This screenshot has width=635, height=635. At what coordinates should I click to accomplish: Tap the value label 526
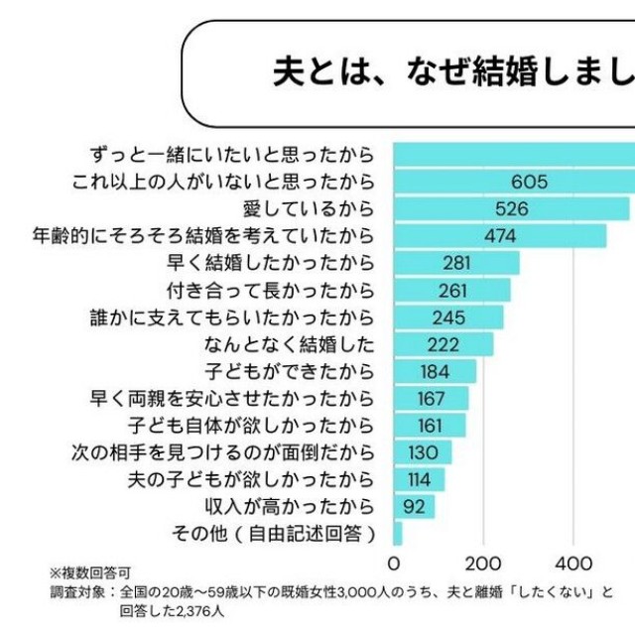coord(512,209)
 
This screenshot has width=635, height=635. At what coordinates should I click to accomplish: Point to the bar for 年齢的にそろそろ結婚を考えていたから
coord(500,236)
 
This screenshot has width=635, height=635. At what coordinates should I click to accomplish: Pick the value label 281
coord(457,263)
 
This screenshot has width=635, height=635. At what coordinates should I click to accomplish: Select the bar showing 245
coord(448,317)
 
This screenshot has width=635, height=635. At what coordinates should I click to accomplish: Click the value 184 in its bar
coord(436,371)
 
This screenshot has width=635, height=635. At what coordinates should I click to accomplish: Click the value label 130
coord(425,452)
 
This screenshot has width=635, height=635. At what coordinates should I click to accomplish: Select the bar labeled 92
coord(415,506)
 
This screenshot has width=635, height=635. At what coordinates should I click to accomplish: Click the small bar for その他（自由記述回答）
coord(398,534)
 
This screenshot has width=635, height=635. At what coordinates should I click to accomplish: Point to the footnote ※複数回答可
coord(90,573)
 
